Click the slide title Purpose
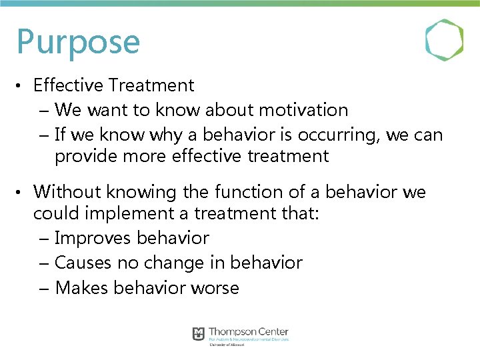[78, 41]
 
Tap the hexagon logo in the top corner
[444, 41]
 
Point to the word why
[165, 135]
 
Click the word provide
[85, 157]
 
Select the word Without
[65, 193]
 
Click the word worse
[215, 288]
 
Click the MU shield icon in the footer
[198, 334]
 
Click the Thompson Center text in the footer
[249, 331]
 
